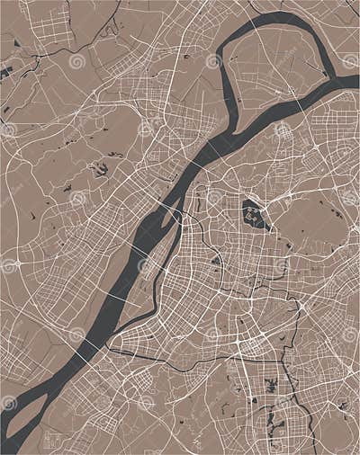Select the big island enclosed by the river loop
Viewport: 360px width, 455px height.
(x=270, y=67)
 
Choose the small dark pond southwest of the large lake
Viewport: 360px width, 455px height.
(x=216, y=261)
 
